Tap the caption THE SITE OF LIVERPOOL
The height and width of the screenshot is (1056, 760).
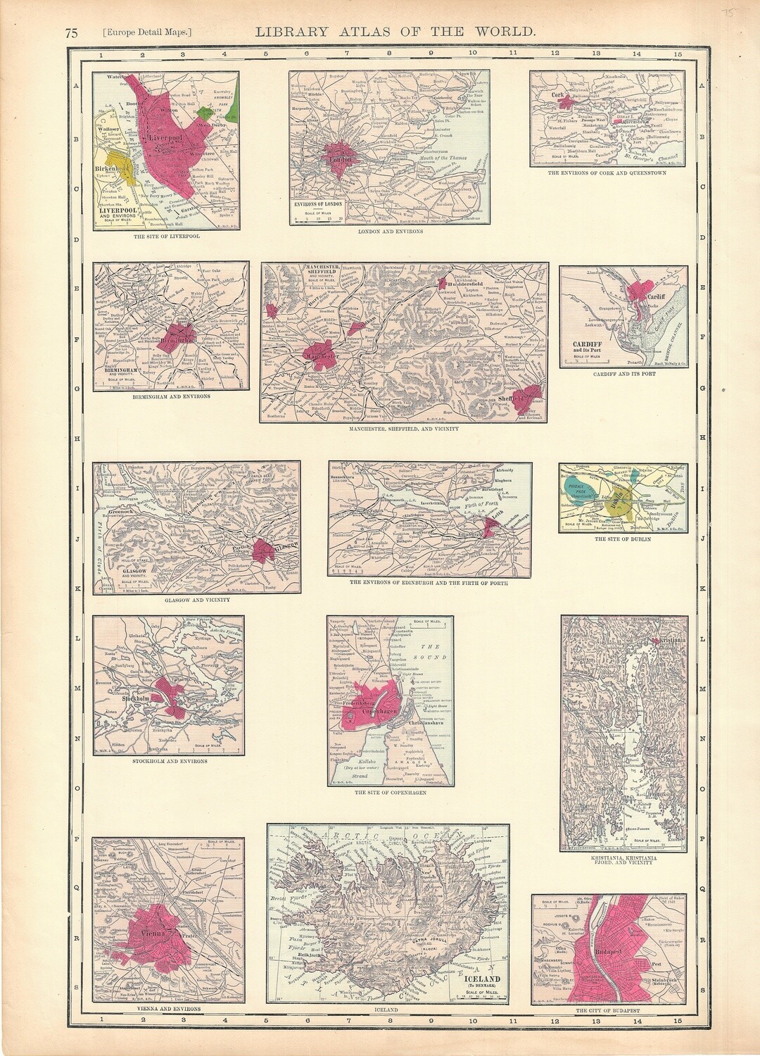pyautogui.click(x=165, y=236)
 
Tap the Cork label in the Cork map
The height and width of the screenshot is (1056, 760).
pyautogui.click(x=560, y=92)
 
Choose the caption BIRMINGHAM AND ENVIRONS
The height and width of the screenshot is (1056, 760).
pyautogui.click(x=170, y=396)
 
